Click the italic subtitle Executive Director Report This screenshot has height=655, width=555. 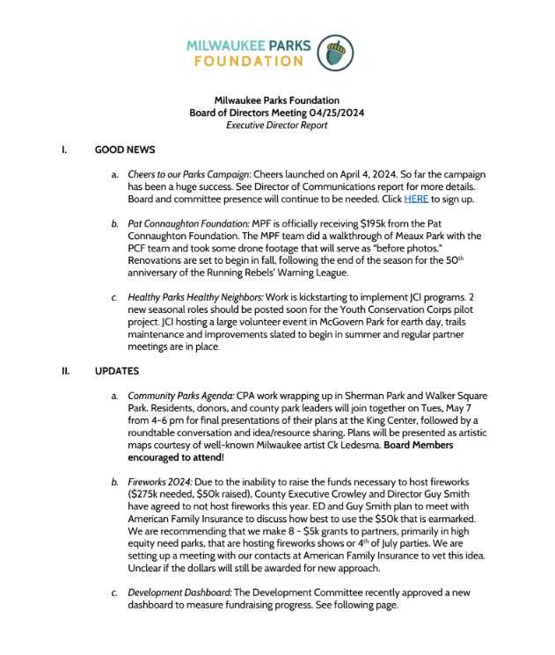click(276, 126)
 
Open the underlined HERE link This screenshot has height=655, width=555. click(415, 200)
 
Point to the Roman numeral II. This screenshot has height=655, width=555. click(66, 371)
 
